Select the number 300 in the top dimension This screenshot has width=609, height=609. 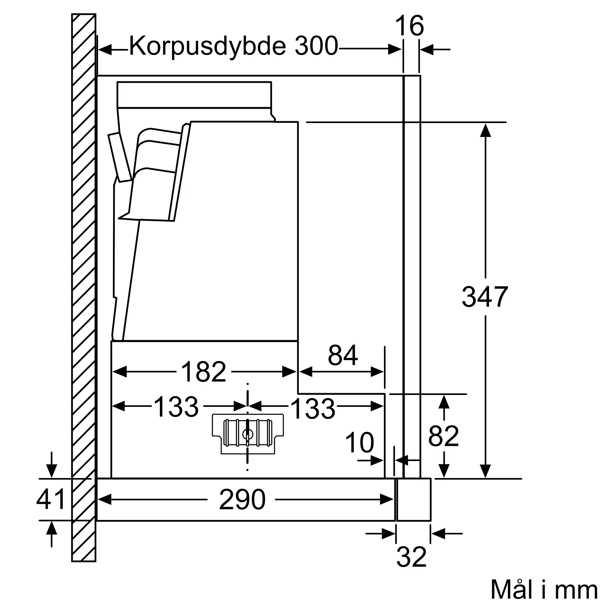click(316, 46)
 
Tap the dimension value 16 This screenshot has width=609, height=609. click(409, 26)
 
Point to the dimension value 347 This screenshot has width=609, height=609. click(485, 297)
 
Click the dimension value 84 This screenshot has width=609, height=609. click(343, 355)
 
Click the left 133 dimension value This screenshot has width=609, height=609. click(176, 407)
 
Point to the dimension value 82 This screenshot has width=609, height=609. click(444, 436)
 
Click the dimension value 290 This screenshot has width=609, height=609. click(242, 500)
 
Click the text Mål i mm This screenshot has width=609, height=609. click(544, 590)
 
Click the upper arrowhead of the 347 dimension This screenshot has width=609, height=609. click(485, 130)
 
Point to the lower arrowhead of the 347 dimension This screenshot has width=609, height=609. click(485, 471)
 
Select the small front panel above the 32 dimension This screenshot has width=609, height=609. click(414, 499)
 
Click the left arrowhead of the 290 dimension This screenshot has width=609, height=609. click(105, 499)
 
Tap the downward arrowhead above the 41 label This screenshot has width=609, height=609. click(52, 471)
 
